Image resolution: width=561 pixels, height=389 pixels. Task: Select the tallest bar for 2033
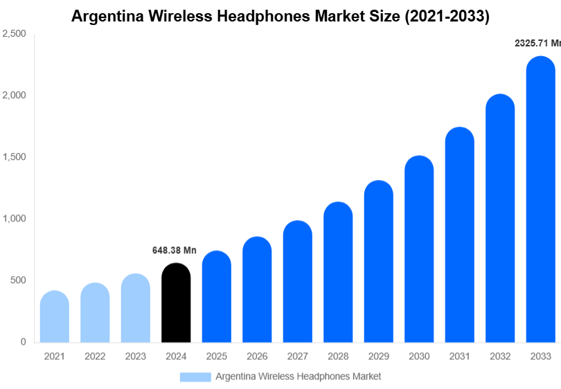click(540, 201)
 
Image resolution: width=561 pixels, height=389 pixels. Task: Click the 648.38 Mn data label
click(175, 251)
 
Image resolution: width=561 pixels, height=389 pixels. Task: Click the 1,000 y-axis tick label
click(14, 219)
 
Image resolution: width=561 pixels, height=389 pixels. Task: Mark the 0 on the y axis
click(23, 342)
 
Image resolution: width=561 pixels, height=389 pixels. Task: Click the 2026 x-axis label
click(257, 356)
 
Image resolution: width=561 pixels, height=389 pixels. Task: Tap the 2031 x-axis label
click(459, 356)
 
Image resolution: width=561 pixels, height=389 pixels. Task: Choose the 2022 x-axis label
click(95, 356)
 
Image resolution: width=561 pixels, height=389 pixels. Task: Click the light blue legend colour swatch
click(195, 377)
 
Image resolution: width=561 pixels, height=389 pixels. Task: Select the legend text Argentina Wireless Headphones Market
click(298, 377)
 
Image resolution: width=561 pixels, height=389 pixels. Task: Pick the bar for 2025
click(217, 297)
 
